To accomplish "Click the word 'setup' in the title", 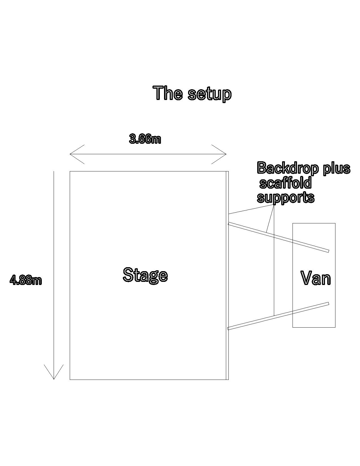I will click(x=210, y=94).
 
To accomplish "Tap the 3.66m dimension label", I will click(x=145, y=139).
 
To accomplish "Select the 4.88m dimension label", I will click(x=26, y=280).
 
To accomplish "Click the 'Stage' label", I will click(x=145, y=275).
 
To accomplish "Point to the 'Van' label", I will click(x=315, y=278).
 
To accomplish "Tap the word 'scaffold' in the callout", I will click(x=285, y=183).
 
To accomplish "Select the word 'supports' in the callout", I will click(x=285, y=197).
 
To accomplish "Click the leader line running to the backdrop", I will click(x=248, y=210).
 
